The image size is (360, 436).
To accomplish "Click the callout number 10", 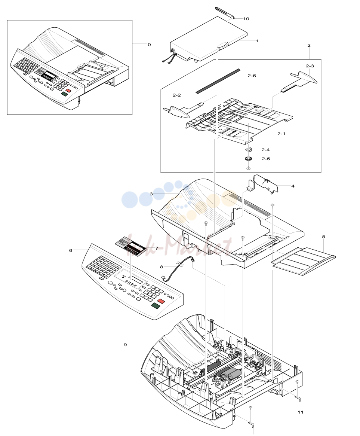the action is (x=246, y=19).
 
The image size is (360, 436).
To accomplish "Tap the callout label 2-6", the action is (x=252, y=76).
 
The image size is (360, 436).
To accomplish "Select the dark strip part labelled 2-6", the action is (x=218, y=80).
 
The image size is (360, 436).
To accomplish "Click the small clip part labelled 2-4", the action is (x=249, y=150).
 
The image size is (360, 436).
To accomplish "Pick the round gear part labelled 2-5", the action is (x=248, y=159).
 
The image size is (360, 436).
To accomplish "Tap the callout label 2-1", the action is (x=281, y=134).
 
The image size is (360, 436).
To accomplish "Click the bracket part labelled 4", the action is (x=262, y=184).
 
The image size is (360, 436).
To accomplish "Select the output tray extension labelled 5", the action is (x=304, y=261).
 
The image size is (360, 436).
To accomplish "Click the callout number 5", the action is (x=324, y=237).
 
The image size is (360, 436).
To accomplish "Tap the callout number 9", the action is (x=125, y=345).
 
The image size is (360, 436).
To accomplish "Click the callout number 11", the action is (x=301, y=412).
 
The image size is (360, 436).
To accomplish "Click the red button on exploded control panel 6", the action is (x=161, y=301).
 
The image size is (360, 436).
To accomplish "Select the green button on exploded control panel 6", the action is (x=156, y=306).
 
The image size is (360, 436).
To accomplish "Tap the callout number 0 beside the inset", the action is (x=149, y=45).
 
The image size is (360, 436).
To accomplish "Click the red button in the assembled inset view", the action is (x=68, y=91).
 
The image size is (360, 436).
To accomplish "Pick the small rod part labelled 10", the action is (x=225, y=13).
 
